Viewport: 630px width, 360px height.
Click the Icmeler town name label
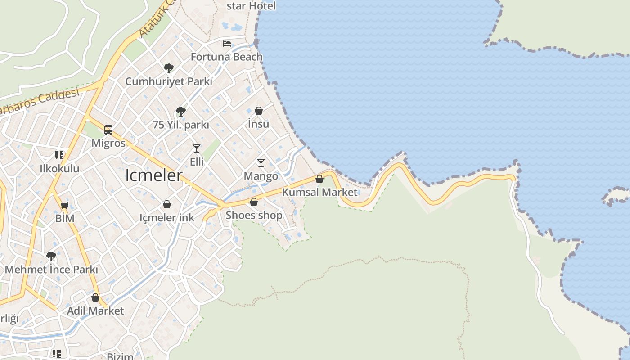click(x=154, y=175)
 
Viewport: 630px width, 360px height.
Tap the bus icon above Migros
click(x=108, y=130)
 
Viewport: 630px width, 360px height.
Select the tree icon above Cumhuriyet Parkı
click(x=169, y=68)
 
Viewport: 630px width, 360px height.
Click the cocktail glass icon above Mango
click(x=261, y=162)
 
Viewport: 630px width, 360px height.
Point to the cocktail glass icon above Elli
click(x=197, y=148)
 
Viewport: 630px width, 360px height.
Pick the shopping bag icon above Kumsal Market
click(x=319, y=179)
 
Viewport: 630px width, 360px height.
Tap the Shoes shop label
click(x=254, y=215)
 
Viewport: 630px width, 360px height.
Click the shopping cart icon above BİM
click(x=64, y=206)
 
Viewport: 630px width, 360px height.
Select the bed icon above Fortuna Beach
click(x=227, y=44)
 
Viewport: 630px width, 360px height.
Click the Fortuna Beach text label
click(x=226, y=57)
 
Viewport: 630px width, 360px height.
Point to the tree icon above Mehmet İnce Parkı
click(x=51, y=256)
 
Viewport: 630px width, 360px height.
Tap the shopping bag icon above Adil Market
click(x=95, y=297)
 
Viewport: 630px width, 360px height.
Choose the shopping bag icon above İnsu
click(x=259, y=111)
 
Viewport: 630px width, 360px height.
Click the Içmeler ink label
click(x=167, y=218)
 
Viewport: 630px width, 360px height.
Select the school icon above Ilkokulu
click(x=59, y=155)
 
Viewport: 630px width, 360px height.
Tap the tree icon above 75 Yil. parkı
click(x=181, y=111)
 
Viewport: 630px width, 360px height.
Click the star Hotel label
click(x=251, y=6)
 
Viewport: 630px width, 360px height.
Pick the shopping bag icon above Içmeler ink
click(x=167, y=205)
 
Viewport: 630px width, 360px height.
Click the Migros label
click(x=108, y=143)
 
